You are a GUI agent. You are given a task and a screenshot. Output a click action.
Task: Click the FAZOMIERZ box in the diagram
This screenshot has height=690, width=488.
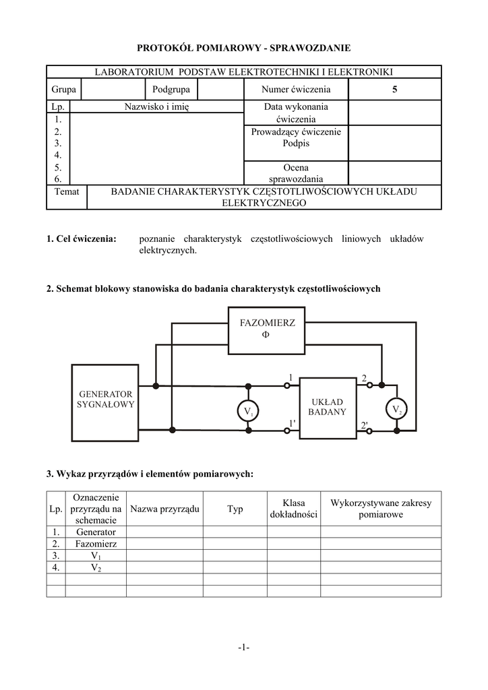click(268, 328)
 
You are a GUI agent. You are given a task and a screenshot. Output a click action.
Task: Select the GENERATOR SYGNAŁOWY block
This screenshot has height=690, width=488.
click(106, 402)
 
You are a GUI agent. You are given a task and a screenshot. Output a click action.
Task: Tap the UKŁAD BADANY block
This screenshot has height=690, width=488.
click(328, 406)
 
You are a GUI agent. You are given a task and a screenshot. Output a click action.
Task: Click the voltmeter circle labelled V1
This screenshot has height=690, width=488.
click(248, 410)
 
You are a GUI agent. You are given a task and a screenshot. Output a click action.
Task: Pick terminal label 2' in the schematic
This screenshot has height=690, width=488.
click(364, 425)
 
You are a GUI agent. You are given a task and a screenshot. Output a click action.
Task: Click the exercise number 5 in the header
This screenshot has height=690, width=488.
click(395, 89)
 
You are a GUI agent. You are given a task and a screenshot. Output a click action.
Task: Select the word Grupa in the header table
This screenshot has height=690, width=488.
click(63, 89)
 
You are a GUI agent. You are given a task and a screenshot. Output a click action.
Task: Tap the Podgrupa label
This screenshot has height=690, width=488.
click(171, 89)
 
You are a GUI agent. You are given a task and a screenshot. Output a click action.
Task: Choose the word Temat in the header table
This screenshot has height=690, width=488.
click(67, 191)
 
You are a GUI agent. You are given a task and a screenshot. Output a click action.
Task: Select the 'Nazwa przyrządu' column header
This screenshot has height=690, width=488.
click(164, 509)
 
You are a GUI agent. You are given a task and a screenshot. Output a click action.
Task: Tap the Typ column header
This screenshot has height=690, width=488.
click(235, 509)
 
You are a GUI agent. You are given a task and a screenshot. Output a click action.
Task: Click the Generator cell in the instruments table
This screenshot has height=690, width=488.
click(96, 532)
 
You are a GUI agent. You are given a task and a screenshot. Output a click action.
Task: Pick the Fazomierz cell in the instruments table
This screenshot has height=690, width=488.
click(96, 543)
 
